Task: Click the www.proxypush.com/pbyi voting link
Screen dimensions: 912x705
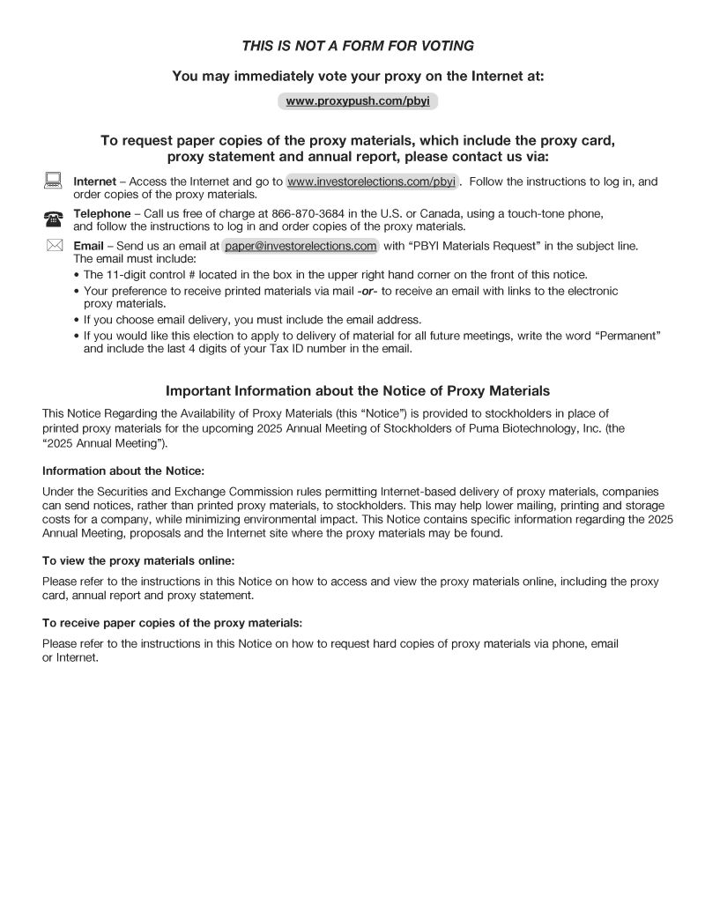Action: tap(358, 101)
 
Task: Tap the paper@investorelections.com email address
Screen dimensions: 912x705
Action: tap(301, 246)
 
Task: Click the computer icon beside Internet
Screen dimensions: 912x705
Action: tap(53, 181)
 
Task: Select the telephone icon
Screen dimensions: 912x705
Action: tap(53, 219)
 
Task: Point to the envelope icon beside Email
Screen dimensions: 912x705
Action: tap(54, 245)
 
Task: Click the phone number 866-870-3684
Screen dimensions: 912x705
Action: tap(305, 213)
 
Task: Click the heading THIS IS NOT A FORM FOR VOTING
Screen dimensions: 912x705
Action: tap(358, 46)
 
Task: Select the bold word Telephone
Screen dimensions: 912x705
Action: tap(101, 213)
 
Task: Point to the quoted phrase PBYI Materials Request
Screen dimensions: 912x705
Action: tap(479, 246)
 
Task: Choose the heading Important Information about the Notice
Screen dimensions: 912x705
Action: tap(358, 390)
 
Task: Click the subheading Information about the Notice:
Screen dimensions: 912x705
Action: tap(123, 471)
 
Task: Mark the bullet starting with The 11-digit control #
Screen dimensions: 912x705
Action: tap(335, 274)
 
